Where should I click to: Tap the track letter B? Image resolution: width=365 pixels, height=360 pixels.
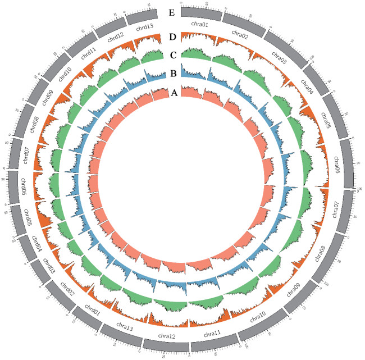coord(174,74)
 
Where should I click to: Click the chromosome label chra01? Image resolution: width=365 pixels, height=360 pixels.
coord(200,25)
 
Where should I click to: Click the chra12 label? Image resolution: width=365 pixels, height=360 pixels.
coord(167,336)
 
